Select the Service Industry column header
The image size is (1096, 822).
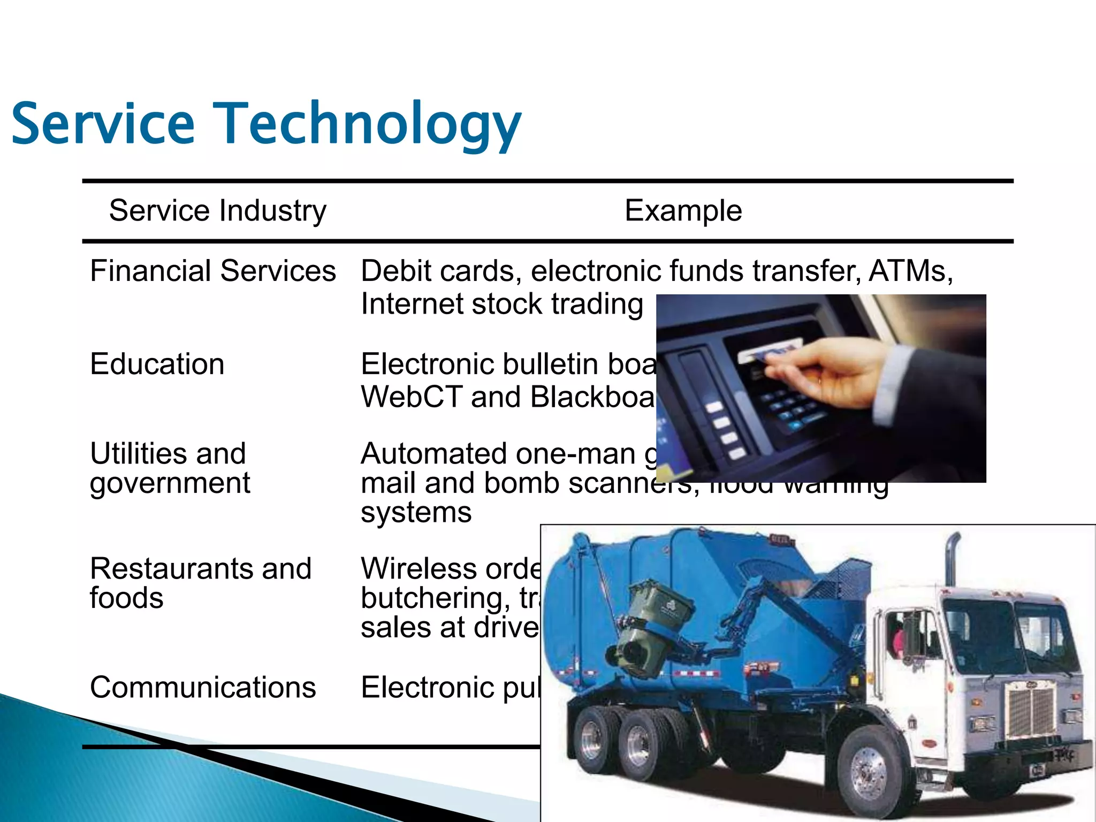coord(217,210)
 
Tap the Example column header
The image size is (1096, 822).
coord(683,210)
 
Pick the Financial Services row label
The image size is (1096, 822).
coord(213,271)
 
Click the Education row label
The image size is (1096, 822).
coord(157,364)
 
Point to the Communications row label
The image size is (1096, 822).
coord(203,687)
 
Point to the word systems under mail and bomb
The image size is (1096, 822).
coord(416,512)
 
